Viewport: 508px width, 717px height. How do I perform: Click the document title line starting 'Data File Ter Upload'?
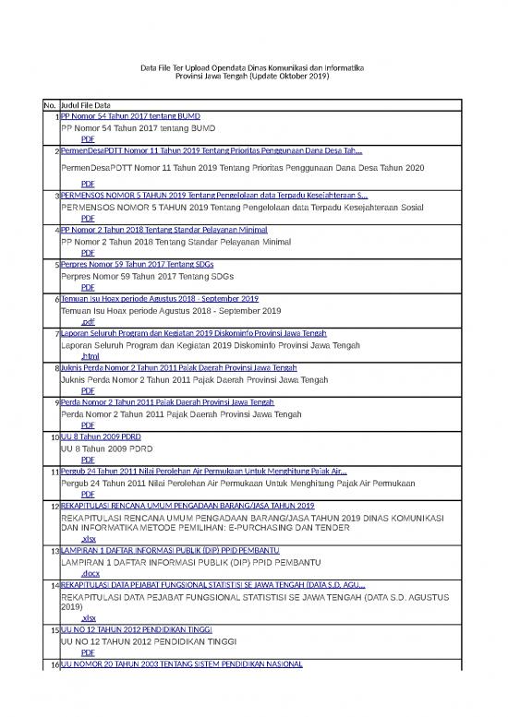pos(253,67)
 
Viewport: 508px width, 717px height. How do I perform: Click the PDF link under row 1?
pos(88,138)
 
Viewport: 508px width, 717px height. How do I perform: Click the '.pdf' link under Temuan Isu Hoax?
pos(88,322)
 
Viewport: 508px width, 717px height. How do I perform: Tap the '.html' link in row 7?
pos(90,356)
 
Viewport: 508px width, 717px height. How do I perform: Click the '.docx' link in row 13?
pos(90,573)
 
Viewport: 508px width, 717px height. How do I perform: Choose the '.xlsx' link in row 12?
pos(89,539)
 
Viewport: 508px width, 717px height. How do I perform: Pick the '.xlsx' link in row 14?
pos(89,618)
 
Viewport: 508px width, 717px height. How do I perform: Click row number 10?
pos(54,436)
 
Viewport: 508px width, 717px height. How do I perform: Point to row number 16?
pos(54,664)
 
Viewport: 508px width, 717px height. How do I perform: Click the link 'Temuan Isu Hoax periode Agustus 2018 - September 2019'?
pos(159,299)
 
